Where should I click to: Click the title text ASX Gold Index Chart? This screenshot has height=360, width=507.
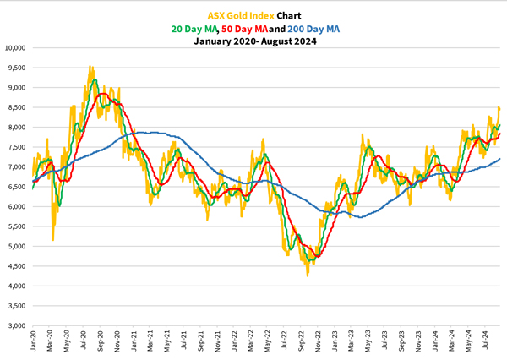click(x=253, y=15)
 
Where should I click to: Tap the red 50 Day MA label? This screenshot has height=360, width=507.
click(x=246, y=28)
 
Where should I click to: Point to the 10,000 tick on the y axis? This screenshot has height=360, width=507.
click(x=15, y=47)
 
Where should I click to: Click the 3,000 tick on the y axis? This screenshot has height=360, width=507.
click(x=17, y=325)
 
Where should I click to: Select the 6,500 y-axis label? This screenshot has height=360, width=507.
click(x=17, y=187)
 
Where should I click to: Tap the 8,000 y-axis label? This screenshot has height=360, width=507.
click(x=17, y=127)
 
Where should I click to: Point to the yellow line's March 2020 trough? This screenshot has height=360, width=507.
click(x=53, y=240)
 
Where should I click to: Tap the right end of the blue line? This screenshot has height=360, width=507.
click(x=499, y=159)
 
